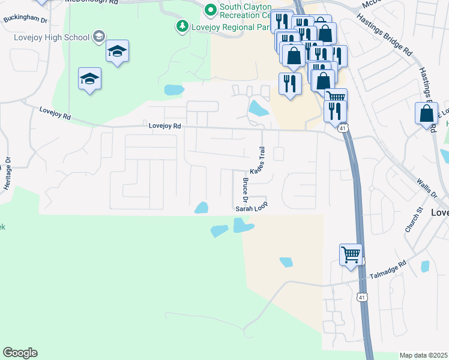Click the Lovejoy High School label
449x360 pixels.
coord(51,37)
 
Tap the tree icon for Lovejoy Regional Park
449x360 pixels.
coord(181,26)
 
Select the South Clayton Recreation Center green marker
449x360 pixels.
coord(210,9)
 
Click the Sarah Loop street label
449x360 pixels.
coord(251,207)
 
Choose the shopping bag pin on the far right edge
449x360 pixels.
coord(426,114)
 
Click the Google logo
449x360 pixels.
coord(20,353)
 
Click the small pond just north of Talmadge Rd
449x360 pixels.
coord(286,262)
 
